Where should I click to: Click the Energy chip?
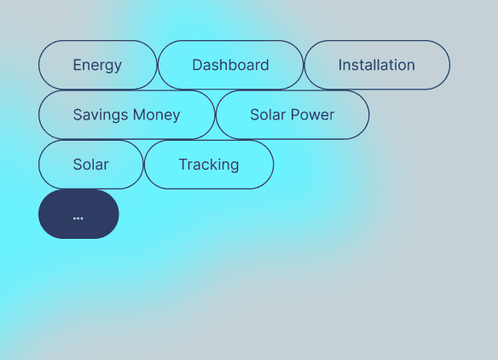click(x=97, y=65)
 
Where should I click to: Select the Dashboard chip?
click(x=230, y=65)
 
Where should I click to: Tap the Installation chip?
click(x=376, y=65)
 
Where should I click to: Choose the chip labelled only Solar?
click(x=90, y=165)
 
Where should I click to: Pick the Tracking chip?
click(x=208, y=165)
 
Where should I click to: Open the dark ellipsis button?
click(x=78, y=214)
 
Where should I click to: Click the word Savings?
click(x=100, y=115)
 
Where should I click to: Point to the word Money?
click(x=156, y=115)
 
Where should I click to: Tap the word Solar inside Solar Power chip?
click(x=268, y=115)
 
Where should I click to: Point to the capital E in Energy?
click(x=77, y=65)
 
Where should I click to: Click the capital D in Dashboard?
click(x=197, y=65)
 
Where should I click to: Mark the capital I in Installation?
click(x=340, y=65)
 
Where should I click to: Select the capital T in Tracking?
click(x=182, y=165)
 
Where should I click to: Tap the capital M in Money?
click(x=138, y=115)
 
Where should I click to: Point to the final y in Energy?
click(x=118, y=67)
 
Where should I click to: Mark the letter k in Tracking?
click(x=213, y=165)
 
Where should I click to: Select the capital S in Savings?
click(x=78, y=115)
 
